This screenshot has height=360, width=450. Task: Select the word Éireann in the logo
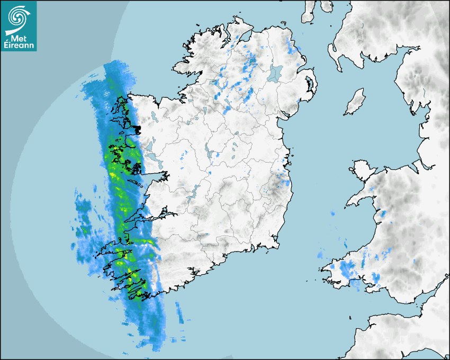[x=20, y=46]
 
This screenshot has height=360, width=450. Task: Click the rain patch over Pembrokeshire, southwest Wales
[x=347, y=270]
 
